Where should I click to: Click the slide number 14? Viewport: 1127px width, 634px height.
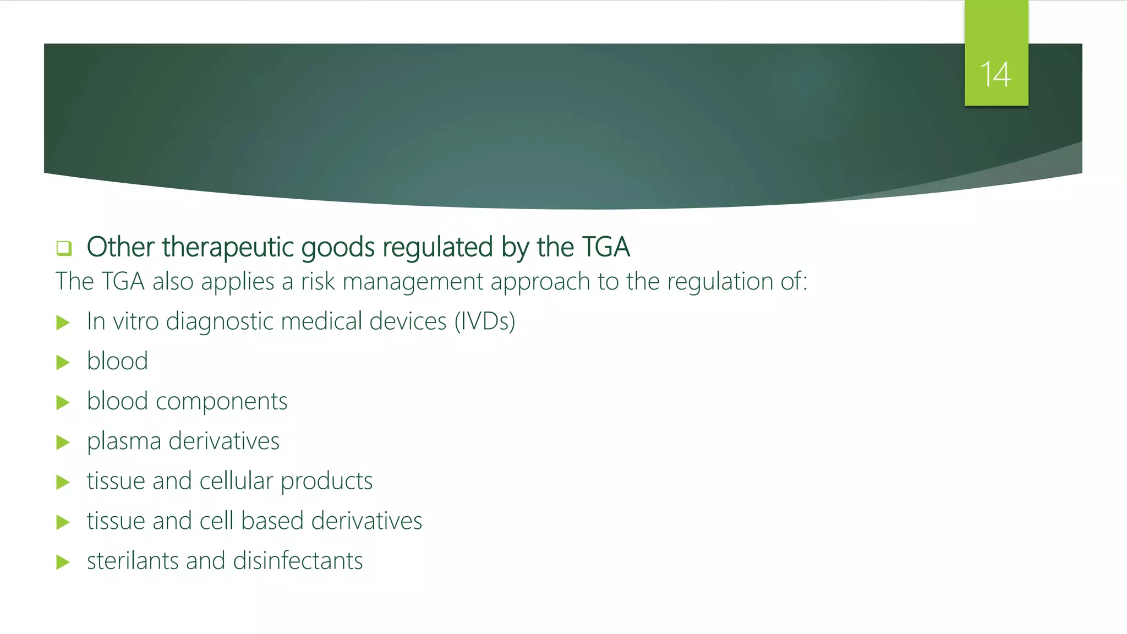(x=995, y=74)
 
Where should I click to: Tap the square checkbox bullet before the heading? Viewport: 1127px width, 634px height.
(x=64, y=248)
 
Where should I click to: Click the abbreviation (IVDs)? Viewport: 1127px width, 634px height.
(x=484, y=321)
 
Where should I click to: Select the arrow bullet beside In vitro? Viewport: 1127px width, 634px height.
(x=63, y=323)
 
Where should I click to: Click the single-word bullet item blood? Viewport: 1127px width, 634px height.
(x=117, y=362)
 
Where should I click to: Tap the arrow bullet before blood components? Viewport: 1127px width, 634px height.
(x=63, y=402)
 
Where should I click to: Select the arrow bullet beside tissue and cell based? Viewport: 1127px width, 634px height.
(x=63, y=522)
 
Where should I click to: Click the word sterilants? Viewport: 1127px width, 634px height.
(x=133, y=561)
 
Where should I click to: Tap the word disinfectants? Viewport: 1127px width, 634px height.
(x=298, y=561)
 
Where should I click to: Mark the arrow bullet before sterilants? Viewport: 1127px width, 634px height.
(x=63, y=562)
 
